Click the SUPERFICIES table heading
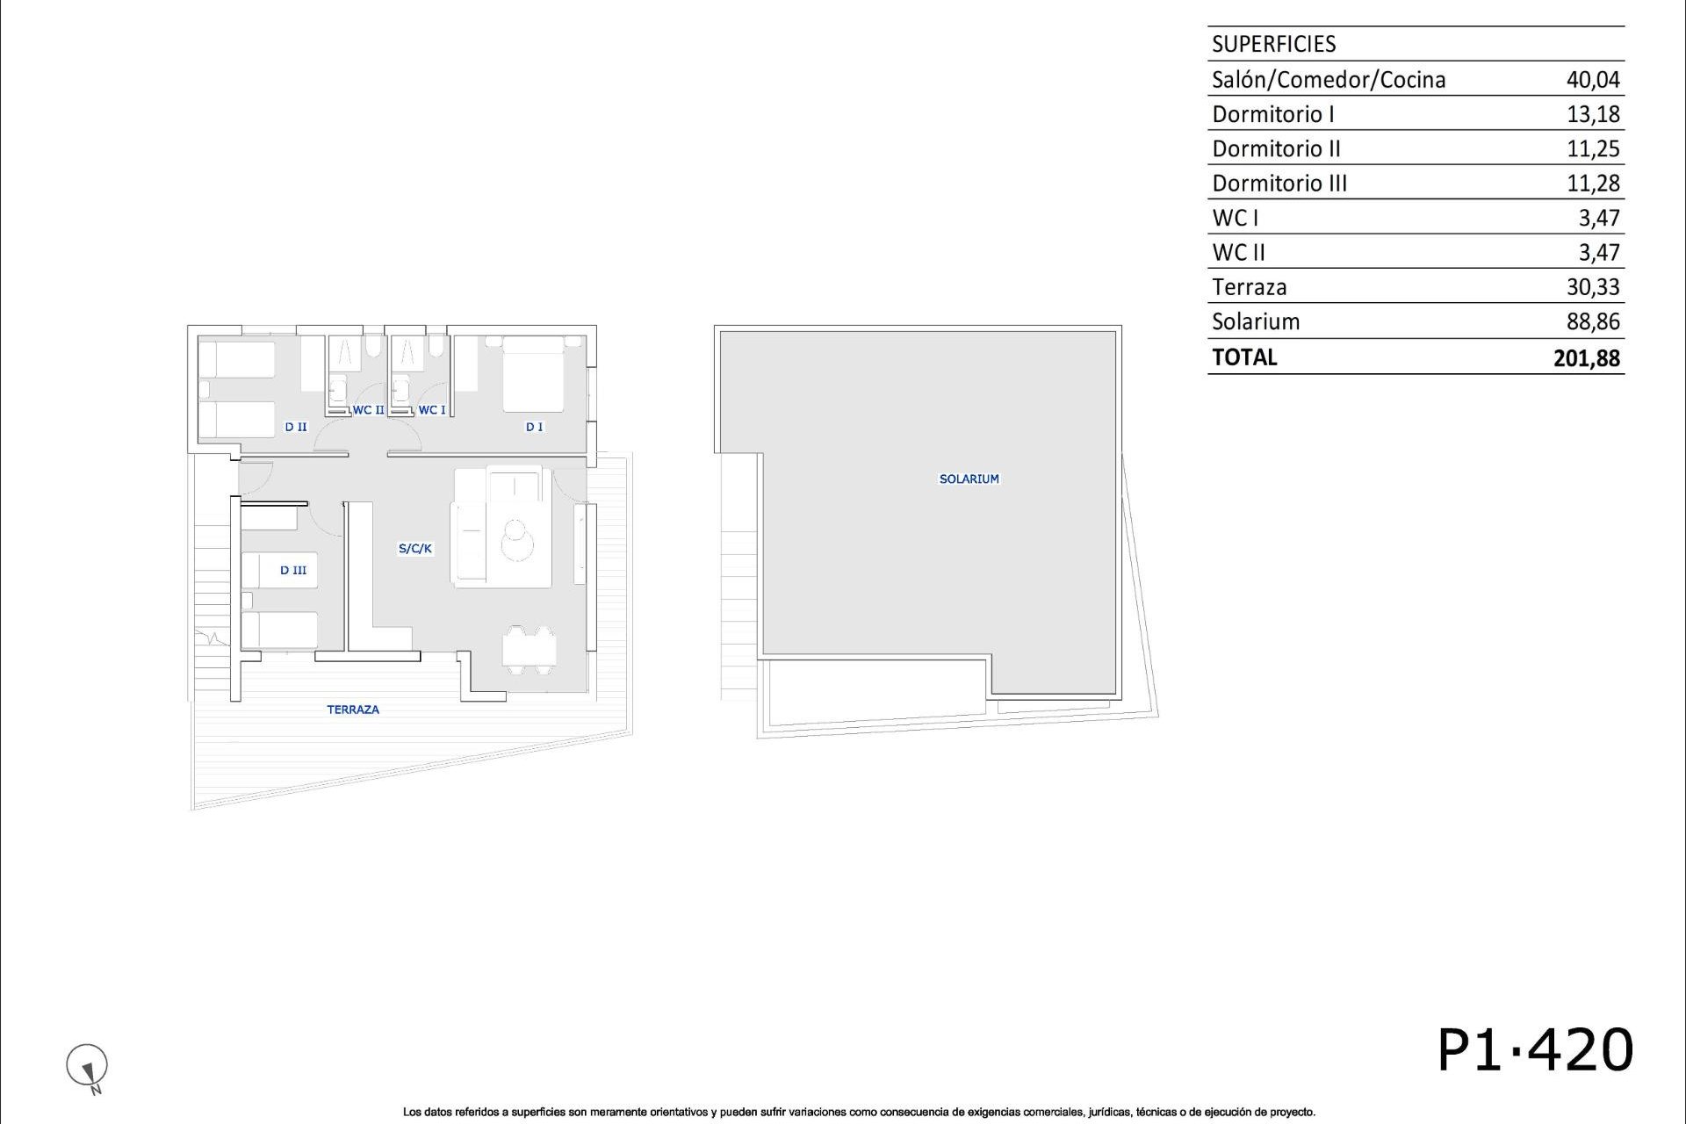[x=1273, y=44]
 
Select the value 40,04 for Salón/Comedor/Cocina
[x=1593, y=80]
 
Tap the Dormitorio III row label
[x=1279, y=184]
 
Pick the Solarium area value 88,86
[x=1593, y=322]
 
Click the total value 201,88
[x=1587, y=358]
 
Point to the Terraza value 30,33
[x=1593, y=287]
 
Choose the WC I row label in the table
[x=1235, y=218]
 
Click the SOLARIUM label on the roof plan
[x=969, y=479]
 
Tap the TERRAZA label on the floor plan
[x=353, y=710]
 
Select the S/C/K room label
[x=415, y=549]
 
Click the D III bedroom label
[x=293, y=571]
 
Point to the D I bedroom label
[x=534, y=427]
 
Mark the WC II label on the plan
[x=368, y=410]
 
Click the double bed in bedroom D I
[x=533, y=374]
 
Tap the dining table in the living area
[x=530, y=651]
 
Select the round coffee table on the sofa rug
[x=518, y=540]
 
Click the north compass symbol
[x=87, y=1067]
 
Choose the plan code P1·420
[x=1535, y=1050]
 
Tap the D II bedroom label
[x=296, y=427]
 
